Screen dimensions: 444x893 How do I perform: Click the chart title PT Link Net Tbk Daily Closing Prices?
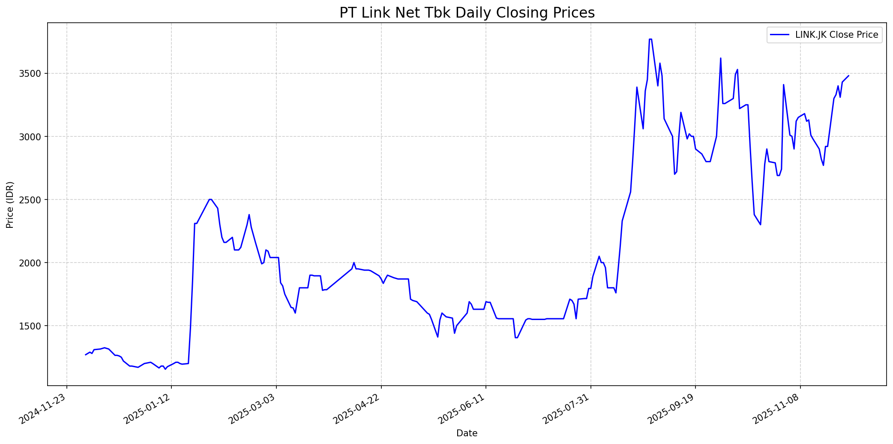tap(467, 13)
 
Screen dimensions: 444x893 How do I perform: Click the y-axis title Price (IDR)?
tap(10, 205)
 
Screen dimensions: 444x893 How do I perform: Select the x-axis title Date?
tap(467, 433)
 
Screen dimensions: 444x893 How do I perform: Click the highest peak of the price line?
tap(650, 39)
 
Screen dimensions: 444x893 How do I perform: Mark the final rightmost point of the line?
tap(848, 76)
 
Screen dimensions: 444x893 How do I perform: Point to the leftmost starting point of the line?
tap(85, 355)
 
